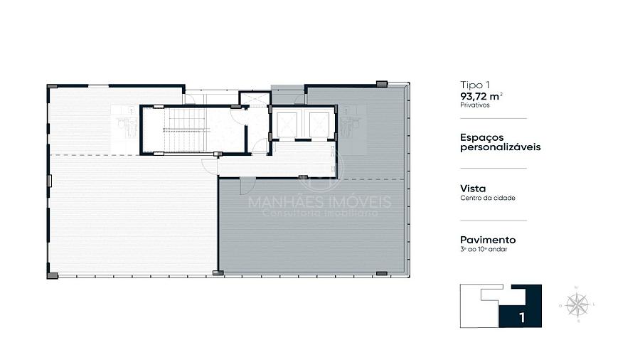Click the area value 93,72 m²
click(481, 96)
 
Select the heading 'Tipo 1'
click(475, 85)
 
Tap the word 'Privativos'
click(475, 105)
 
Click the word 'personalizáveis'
click(501, 147)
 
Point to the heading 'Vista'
click(473, 189)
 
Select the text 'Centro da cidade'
click(488, 198)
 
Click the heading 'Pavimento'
click(488, 240)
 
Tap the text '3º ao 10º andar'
click(484, 249)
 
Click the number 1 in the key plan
click(522, 317)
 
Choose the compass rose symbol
click(577, 305)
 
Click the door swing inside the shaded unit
click(247, 186)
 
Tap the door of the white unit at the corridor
click(210, 166)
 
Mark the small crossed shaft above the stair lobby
click(255, 98)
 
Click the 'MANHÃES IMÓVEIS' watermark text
click(320, 201)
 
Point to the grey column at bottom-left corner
click(52, 276)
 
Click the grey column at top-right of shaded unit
click(382, 84)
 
